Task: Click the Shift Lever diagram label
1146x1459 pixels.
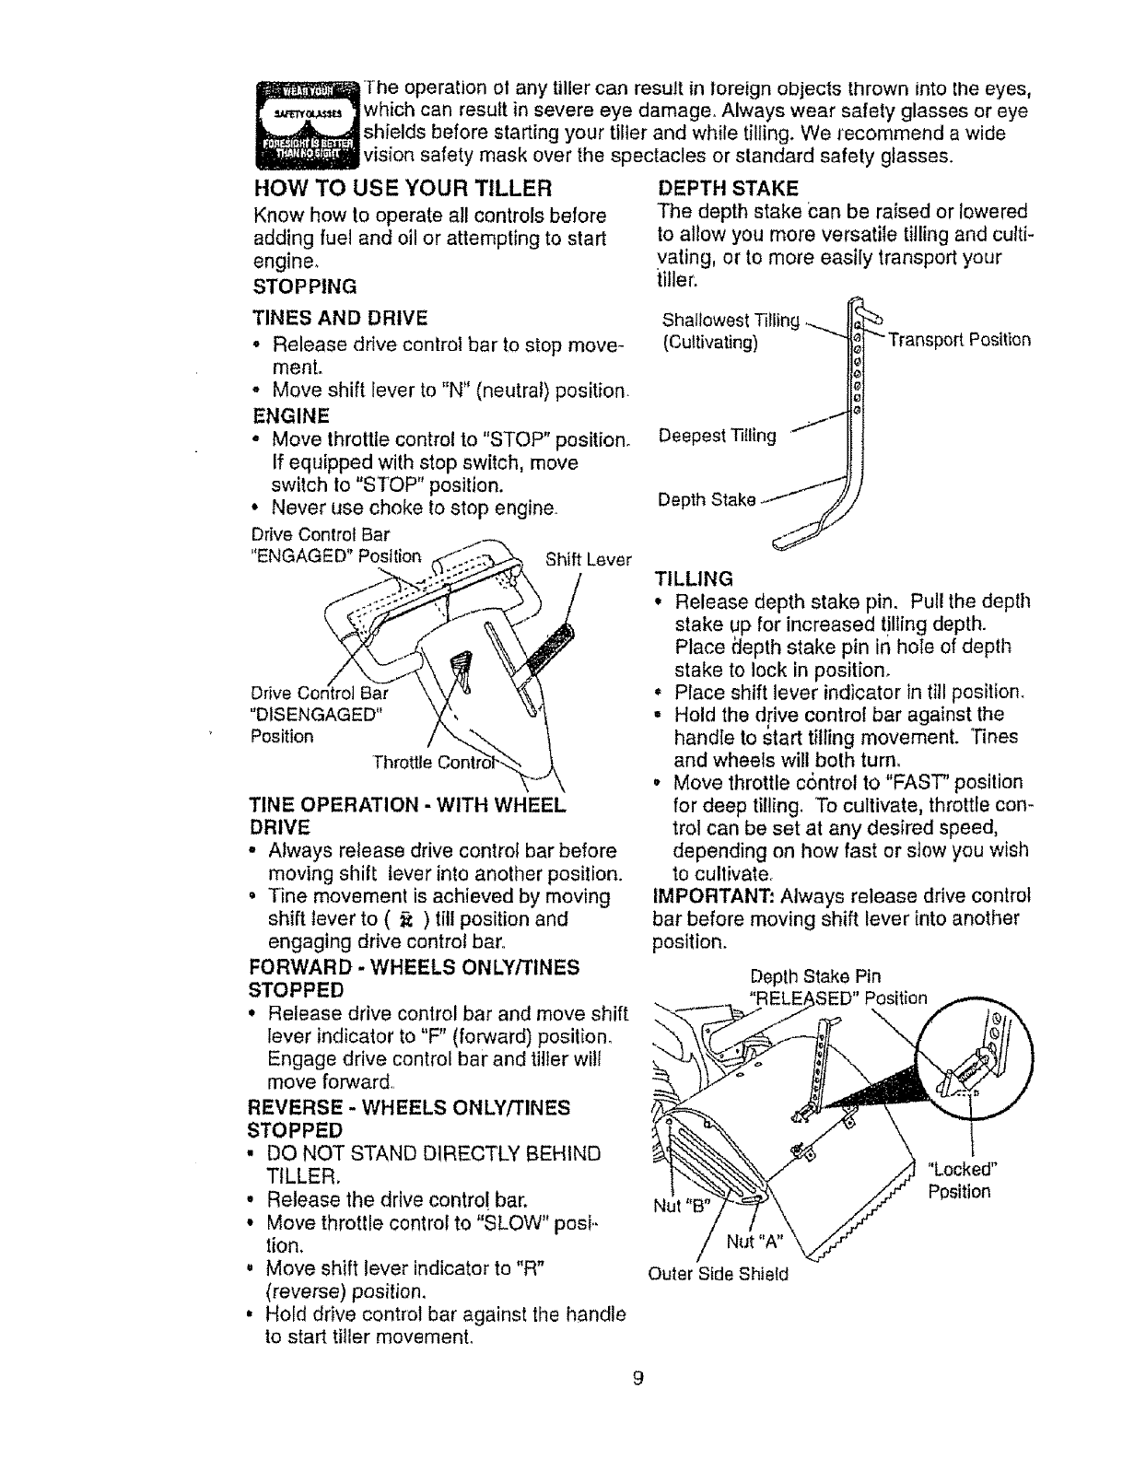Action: point(588,559)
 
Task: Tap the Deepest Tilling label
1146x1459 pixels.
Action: point(718,436)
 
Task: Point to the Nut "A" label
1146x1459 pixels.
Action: point(754,1242)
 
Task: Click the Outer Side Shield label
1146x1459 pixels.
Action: point(719,1275)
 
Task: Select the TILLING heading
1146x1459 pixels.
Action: point(693,579)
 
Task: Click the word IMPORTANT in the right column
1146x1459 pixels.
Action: point(705,896)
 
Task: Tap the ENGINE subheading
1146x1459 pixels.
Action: point(290,414)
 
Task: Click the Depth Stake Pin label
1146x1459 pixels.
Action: point(815,976)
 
